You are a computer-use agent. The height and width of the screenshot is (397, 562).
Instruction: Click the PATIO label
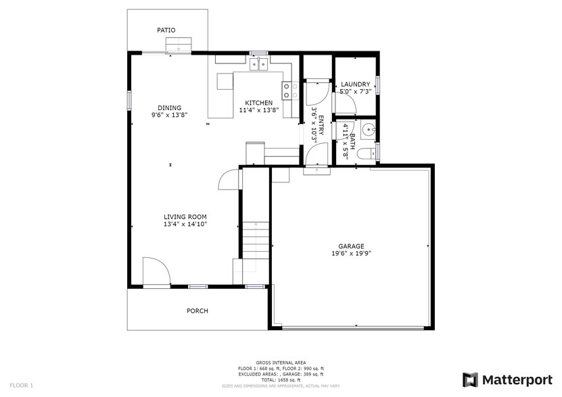pos(166,30)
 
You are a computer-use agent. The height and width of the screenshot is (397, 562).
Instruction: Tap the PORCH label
pos(197,311)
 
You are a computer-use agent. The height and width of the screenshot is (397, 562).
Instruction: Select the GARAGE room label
pos(351,246)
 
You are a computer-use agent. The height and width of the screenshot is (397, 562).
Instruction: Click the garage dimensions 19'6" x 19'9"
pos(351,254)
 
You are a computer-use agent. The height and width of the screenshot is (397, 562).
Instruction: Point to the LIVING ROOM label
pos(185,217)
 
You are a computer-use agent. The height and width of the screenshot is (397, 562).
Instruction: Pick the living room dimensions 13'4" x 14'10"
pos(185,224)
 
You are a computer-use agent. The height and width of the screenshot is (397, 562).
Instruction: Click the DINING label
pos(169,107)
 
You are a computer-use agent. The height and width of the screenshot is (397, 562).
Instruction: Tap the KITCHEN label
pos(255,103)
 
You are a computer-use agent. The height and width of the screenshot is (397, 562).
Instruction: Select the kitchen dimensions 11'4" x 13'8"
pos(255,110)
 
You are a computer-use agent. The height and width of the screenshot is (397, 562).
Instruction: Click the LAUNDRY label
pos(355,84)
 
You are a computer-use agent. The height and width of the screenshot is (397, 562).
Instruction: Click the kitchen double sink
pos(258,65)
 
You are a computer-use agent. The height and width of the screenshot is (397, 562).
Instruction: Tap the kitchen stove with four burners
pos(291,90)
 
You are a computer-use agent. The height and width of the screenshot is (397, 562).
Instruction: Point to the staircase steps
pos(256,240)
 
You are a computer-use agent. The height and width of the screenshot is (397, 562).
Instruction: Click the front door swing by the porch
pos(156,272)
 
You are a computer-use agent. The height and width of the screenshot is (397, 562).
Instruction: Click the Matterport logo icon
pos(470,379)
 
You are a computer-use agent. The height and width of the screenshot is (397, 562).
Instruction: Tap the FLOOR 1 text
pos(21,385)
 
